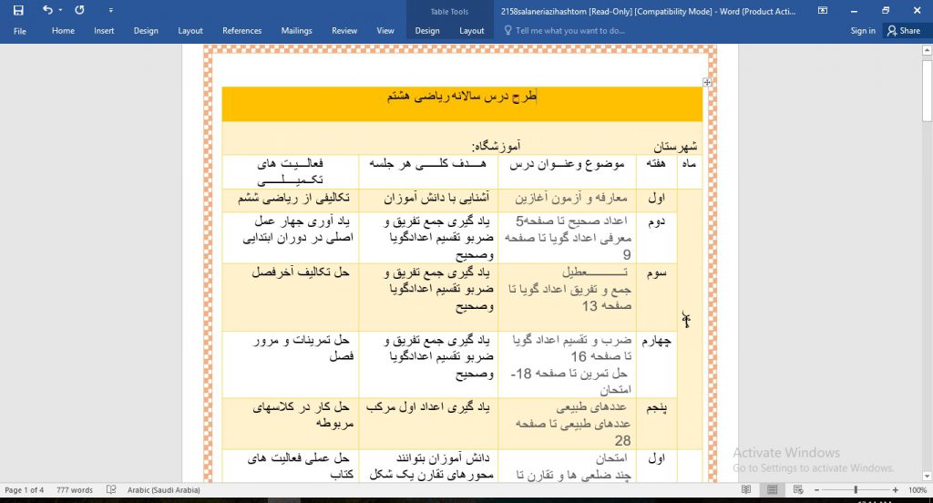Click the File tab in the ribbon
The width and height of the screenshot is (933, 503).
tap(19, 31)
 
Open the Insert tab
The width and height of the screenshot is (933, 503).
tap(104, 31)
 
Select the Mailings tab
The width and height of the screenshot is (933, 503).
tap(296, 31)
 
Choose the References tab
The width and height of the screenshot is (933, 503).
tap(241, 31)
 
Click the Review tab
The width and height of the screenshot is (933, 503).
tap(344, 31)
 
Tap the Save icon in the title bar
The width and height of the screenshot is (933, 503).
tap(18, 10)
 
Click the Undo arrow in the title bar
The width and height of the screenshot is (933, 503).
tap(47, 10)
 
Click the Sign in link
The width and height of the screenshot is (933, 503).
tap(863, 31)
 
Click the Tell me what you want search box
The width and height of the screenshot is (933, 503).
tap(569, 31)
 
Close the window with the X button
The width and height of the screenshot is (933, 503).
tap(914, 10)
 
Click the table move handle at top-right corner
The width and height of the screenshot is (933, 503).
tap(707, 82)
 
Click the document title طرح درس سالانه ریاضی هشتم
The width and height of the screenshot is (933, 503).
tap(462, 96)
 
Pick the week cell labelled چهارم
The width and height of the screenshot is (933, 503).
tap(655, 341)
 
